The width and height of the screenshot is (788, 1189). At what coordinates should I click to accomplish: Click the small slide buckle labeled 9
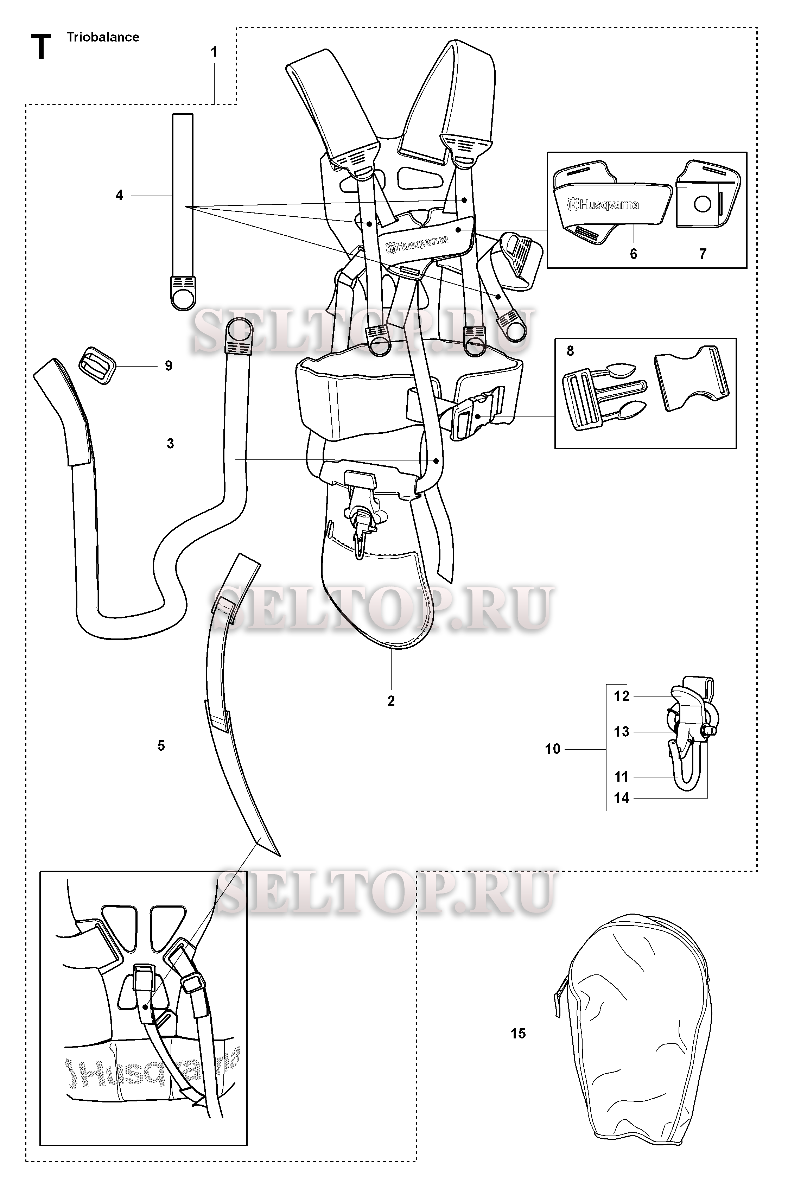point(97,365)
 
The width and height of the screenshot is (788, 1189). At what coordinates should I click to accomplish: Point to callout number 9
point(169,366)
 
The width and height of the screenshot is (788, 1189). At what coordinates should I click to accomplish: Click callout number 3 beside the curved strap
point(170,443)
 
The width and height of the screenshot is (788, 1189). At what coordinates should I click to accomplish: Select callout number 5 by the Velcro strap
point(161,745)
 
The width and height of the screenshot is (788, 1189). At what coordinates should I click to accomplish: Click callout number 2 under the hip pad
point(391,701)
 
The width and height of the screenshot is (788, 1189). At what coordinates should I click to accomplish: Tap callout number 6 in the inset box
point(633,254)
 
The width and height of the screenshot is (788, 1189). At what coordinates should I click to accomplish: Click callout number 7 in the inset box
point(702,254)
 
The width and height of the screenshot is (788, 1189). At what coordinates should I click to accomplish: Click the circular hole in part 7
point(702,204)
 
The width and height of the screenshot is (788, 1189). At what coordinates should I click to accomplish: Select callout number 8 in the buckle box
point(570,351)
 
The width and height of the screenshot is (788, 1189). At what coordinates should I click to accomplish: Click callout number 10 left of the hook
point(552,749)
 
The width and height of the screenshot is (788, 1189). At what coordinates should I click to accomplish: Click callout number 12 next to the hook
point(622,696)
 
